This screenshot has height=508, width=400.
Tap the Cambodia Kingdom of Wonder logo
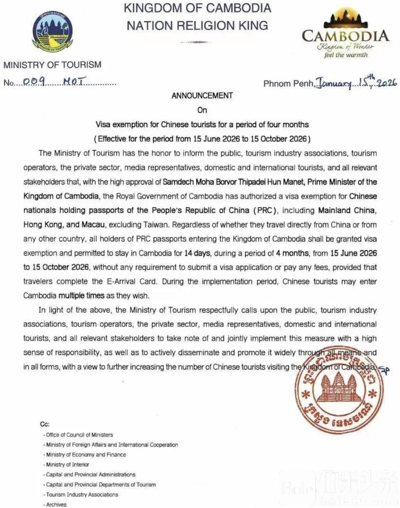pyautogui.click(x=346, y=35)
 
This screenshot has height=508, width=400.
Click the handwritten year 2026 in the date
pyautogui.click(x=387, y=83)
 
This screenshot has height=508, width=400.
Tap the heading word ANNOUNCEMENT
pyautogui.click(x=202, y=96)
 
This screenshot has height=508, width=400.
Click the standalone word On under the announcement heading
pyautogui.click(x=202, y=110)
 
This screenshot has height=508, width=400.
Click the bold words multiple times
pyautogui.click(x=81, y=296)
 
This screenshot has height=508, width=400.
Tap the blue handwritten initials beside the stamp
pyautogui.click(x=384, y=370)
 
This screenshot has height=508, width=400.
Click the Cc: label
pyautogui.click(x=45, y=424)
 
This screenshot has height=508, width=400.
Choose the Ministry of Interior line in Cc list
pyautogui.click(x=67, y=464)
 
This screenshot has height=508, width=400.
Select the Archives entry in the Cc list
pyautogui.click(x=56, y=505)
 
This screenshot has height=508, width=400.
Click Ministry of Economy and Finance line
pyautogui.click(x=86, y=455)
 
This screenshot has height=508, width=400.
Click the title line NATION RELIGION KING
pyautogui.click(x=197, y=26)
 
